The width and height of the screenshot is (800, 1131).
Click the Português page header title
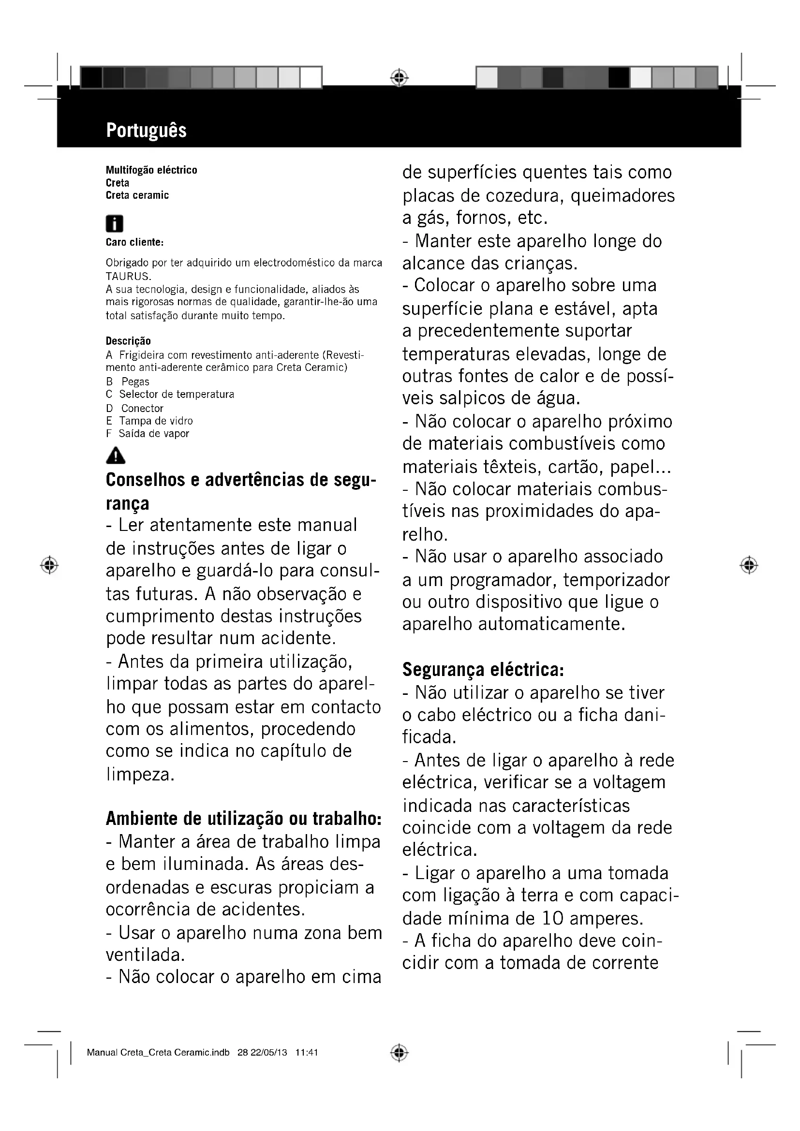[x=146, y=131]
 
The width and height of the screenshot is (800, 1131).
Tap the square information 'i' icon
[x=114, y=224]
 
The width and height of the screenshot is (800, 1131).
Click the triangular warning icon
[x=115, y=455]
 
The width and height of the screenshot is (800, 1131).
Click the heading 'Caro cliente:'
[x=134, y=242]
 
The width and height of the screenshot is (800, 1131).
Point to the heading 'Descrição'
[x=128, y=341]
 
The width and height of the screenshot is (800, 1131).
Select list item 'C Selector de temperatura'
[x=170, y=395]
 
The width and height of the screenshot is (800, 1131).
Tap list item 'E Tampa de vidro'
[x=149, y=421]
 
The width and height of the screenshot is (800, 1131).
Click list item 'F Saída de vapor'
[x=148, y=434]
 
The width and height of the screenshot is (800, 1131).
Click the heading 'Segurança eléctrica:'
[x=483, y=669]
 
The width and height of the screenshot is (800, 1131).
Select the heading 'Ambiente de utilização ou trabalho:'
[x=243, y=818]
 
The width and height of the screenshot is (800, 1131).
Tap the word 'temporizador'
[x=616, y=580]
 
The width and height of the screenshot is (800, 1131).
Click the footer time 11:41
[x=306, y=1053]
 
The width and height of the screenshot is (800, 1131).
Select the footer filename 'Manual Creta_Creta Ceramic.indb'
[x=158, y=1053]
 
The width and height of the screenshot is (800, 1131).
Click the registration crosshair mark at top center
[x=400, y=78]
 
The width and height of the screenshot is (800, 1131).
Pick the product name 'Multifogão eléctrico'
[x=151, y=170]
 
